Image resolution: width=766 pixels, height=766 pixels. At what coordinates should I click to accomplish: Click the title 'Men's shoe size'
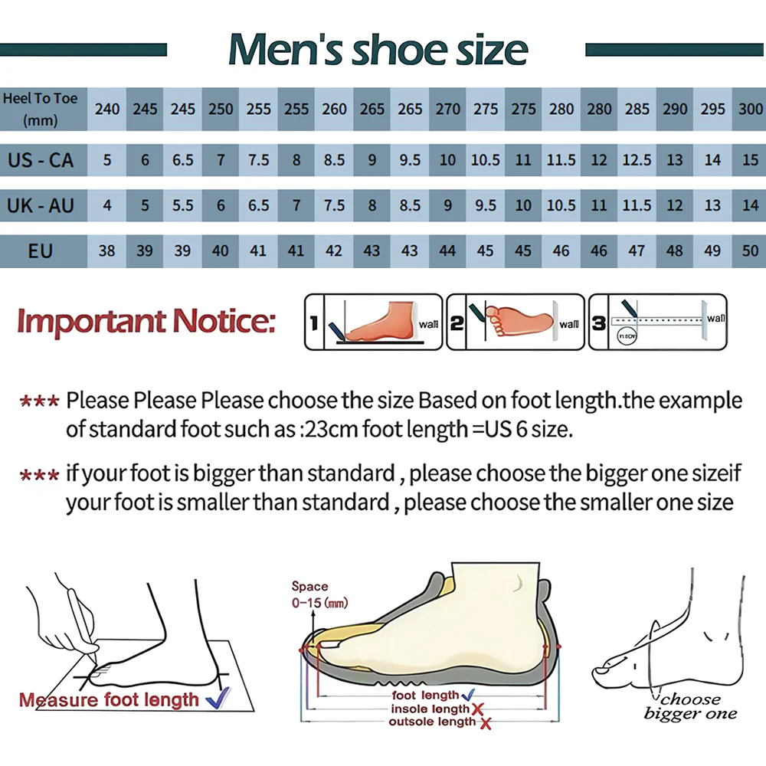pos(378,49)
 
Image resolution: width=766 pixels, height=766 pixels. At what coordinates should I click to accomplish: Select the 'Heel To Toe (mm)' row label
pos(41,109)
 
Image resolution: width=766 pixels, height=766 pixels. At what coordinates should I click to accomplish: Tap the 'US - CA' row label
pos(41,160)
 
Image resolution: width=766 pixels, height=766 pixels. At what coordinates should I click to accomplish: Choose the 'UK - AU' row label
pos(41,205)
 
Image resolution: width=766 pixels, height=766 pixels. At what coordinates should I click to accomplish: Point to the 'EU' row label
pos(41,251)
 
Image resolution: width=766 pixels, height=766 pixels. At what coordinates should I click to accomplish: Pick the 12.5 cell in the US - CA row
pos(637,160)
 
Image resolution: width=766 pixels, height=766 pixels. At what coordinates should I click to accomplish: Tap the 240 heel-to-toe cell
pos(107,109)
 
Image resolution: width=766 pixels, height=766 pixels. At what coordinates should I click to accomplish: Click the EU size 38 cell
pos(107,250)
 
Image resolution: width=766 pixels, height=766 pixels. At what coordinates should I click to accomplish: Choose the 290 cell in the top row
pos(675,109)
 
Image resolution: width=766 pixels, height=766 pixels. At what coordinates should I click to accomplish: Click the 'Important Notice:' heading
pos(146,322)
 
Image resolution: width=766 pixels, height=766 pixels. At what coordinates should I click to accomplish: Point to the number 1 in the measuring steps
pos(313,322)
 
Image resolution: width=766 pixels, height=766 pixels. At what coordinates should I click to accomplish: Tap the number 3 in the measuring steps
pos(599,322)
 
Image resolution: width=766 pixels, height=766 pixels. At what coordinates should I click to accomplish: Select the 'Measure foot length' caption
pos(109,700)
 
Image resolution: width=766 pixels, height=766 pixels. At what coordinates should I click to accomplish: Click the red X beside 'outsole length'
pos(486,724)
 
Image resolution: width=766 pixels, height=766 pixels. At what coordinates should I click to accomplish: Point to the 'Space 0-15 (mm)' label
pos(319,594)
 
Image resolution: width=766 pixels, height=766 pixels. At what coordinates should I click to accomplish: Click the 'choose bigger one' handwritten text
pos(690,706)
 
